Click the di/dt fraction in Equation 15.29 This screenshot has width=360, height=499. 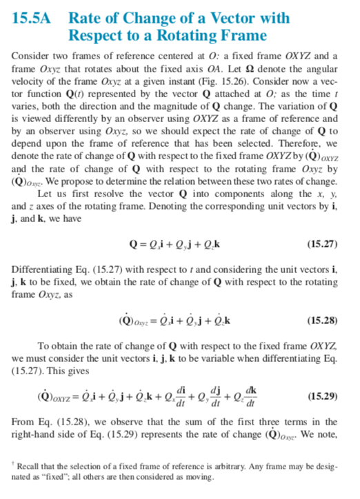[x=181, y=395]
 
